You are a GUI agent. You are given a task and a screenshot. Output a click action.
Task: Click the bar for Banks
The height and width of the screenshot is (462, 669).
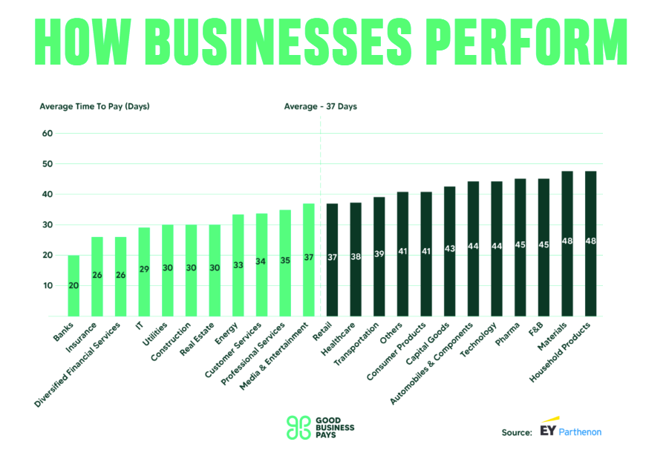pyautogui.click(x=74, y=286)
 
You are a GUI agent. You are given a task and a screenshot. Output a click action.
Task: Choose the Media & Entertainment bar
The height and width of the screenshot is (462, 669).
pyautogui.click(x=309, y=260)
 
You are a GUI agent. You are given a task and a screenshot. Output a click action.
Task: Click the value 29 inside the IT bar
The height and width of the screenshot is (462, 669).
pyautogui.click(x=144, y=269)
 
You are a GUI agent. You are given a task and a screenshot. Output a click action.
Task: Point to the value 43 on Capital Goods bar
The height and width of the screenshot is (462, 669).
pyautogui.click(x=450, y=247)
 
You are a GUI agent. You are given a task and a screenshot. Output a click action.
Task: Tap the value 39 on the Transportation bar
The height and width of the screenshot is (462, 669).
pyautogui.click(x=379, y=254)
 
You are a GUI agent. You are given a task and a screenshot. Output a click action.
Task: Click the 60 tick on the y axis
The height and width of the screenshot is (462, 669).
pyautogui.click(x=48, y=134)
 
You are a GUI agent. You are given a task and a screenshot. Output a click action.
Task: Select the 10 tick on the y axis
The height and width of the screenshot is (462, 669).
pyautogui.click(x=48, y=285)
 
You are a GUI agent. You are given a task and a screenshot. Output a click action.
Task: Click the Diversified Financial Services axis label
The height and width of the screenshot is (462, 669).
pyautogui.click(x=78, y=364)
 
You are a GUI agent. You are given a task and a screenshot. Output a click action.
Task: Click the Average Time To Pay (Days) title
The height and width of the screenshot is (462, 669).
pyautogui.click(x=94, y=106)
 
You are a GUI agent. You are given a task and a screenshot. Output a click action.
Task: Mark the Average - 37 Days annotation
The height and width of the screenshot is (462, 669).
pyautogui.click(x=320, y=106)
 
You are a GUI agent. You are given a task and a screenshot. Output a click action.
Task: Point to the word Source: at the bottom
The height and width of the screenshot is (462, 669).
pyautogui.click(x=517, y=432)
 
